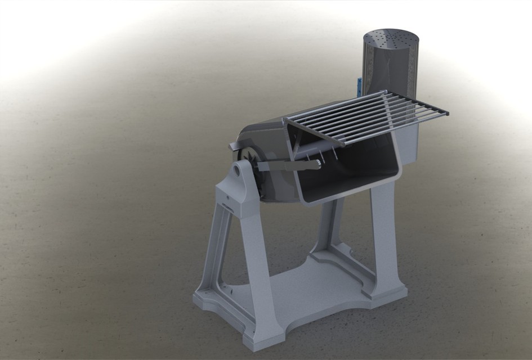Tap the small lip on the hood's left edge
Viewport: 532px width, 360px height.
click(x=233, y=147)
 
